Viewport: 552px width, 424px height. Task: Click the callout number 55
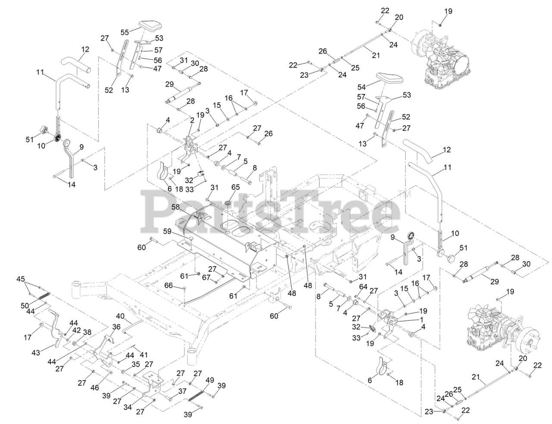point(125,32)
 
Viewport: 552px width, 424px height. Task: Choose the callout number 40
point(120,316)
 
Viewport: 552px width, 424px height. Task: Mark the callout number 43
point(35,353)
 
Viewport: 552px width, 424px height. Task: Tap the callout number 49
point(210,380)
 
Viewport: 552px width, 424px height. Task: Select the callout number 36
point(116,327)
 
